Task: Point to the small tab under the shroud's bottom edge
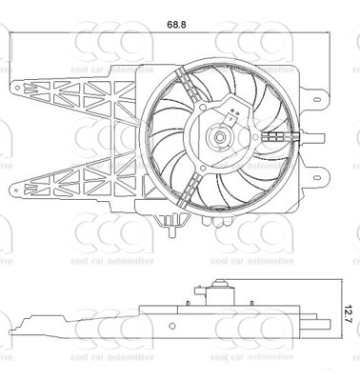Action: pyautogui.click(x=172, y=227)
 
